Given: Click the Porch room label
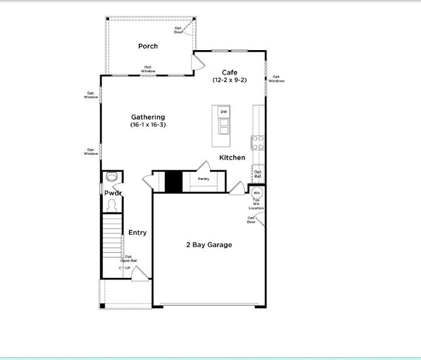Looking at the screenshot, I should (x=148, y=46).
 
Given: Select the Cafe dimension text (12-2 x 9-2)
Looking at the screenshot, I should (x=229, y=80).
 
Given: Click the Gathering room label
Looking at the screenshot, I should (x=148, y=117).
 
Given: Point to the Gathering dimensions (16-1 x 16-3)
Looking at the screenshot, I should (x=148, y=125).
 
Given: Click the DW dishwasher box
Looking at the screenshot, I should (x=223, y=111).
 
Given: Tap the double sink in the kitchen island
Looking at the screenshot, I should (x=223, y=126).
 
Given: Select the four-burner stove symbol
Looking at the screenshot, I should (x=258, y=143).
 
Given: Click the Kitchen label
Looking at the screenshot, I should (x=232, y=158).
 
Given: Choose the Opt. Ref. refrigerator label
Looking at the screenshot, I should (x=258, y=174).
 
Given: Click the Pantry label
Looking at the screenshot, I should (x=204, y=179).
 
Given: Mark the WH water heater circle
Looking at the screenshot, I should (x=257, y=193).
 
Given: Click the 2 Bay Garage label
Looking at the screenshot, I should (x=209, y=245).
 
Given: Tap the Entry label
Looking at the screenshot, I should (x=138, y=233).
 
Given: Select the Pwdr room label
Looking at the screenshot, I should (x=113, y=193).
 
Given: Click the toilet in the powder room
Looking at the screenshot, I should (x=111, y=204).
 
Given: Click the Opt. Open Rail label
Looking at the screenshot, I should (x=129, y=259).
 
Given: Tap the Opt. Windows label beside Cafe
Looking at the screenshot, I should (x=276, y=79).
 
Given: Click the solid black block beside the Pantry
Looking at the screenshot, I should (x=173, y=181).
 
